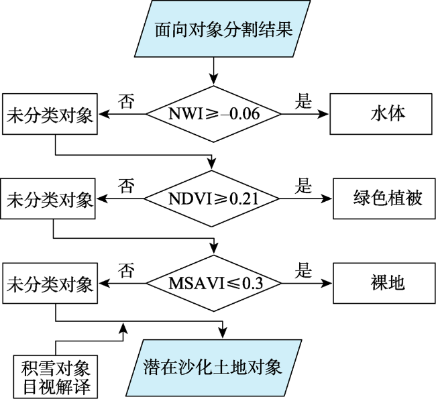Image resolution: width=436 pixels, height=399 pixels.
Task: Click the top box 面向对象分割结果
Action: tap(223, 29)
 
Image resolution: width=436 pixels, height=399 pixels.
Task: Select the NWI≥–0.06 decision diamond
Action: tap(213, 114)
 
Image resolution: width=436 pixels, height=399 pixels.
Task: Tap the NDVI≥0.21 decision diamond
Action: tap(211, 198)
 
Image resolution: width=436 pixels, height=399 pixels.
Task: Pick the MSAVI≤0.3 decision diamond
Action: tap(214, 284)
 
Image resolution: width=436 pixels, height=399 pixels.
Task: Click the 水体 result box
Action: tap(381, 114)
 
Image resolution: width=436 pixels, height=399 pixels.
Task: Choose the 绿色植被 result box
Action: tap(384, 198)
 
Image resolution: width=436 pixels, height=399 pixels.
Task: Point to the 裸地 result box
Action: tap(384, 283)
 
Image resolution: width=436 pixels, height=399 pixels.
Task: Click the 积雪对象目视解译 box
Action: tap(55, 377)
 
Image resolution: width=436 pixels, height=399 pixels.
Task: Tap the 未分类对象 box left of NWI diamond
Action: tap(50, 114)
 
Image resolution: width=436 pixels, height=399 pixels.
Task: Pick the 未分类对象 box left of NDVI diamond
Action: tap(48, 198)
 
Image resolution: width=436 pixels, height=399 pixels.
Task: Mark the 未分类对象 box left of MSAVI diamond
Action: tap(50, 283)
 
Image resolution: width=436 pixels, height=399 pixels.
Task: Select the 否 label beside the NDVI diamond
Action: tap(126, 186)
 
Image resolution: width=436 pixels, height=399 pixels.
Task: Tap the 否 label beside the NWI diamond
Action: tap(126, 101)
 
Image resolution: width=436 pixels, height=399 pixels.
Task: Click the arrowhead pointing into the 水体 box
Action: tap(324, 114)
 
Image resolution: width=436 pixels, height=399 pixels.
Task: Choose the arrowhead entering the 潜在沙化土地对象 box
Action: tap(223, 333)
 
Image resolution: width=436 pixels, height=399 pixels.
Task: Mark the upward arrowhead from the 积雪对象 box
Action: tap(123, 328)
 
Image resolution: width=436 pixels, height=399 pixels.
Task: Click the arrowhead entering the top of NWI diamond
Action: tap(213, 79)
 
